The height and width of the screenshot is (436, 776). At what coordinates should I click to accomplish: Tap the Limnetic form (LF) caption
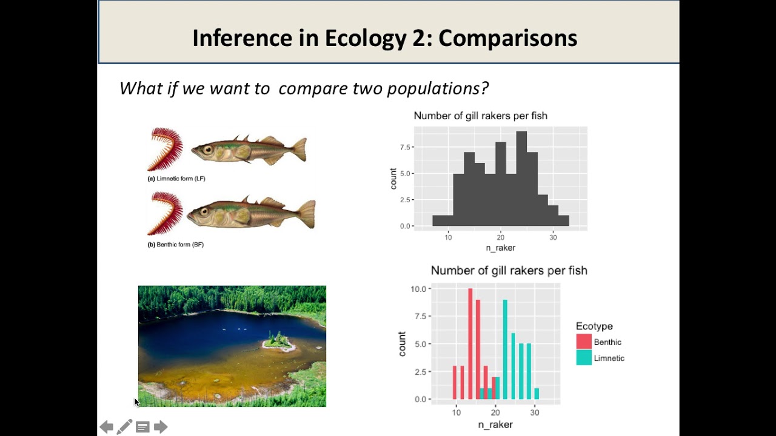click(x=176, y=179)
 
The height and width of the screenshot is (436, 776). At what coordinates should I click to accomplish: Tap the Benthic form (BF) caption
click(x=176, y=245)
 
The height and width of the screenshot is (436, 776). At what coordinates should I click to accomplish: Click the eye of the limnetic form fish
click(x=208, y=149)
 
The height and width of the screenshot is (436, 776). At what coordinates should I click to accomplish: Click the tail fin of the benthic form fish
click(x=306, y=213)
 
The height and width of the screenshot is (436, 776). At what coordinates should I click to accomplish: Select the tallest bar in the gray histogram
click(x=521, y=178)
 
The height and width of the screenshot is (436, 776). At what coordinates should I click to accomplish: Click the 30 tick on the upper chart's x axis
click(x=553, y=237)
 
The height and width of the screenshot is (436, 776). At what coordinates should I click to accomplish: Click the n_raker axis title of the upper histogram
click(x=500, y=248)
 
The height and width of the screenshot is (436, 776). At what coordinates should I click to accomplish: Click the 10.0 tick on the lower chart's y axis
click(x=418, y=289)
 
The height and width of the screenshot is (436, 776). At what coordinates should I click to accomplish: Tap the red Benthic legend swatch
click(x=584, y=342)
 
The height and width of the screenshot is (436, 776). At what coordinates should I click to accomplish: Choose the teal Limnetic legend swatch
click(x=584, y=358)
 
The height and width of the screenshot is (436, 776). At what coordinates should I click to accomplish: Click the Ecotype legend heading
click(x=594, y=326)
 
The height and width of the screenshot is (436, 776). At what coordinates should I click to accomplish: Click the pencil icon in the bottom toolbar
click(x=124, y=427)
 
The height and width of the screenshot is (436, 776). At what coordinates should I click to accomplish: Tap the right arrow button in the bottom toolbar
click(x=161, y=427)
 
